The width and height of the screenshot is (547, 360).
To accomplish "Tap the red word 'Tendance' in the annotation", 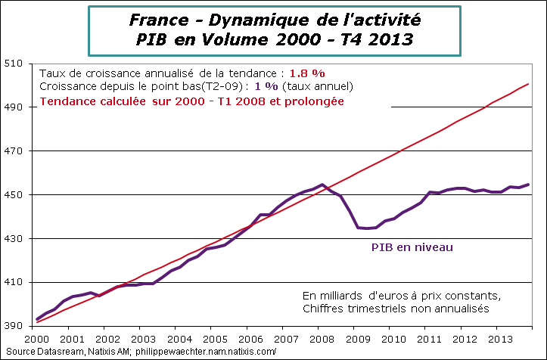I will [67, 101].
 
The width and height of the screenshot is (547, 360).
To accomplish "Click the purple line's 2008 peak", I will [322, 185].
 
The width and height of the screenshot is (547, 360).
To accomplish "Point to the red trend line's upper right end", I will [528, 84].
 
